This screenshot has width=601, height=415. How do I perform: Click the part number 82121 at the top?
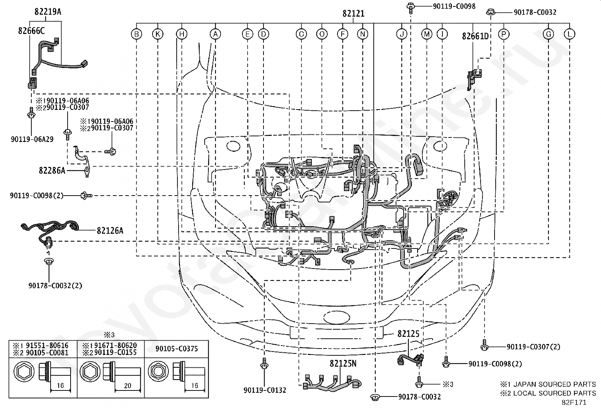(x=353, y=14)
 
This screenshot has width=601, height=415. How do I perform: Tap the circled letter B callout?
(x=137, y=34)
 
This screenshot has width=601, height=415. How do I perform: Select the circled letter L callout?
(x=569, y=34)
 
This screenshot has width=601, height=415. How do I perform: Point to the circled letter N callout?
(x=362, y=34)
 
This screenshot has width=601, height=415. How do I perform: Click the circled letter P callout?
(x=503, y=34)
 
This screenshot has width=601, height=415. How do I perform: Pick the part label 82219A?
(x=48, y=12)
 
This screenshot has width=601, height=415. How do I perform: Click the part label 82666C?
(x=31, y=31)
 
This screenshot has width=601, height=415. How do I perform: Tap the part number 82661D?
(x=475, y=36)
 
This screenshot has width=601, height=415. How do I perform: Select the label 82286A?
(x=52, y=170)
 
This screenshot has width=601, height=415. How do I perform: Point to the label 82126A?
(x=110, y=231)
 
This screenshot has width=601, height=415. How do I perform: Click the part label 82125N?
(x=343, y=364)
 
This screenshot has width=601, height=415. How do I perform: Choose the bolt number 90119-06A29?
(x=32, y=139)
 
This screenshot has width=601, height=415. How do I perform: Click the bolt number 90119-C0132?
(x=265, y=390)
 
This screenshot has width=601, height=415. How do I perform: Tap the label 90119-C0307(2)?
(x=533, y=347)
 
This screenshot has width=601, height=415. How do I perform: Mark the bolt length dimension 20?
(x=128, y=386)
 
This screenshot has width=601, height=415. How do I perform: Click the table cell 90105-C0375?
(x=177, y=349)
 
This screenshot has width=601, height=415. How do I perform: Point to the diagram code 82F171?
(x=574, y=403)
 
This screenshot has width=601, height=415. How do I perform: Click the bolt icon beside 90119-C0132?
(x=265, y=364)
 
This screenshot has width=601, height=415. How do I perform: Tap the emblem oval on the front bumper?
(x=337, y=318)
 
